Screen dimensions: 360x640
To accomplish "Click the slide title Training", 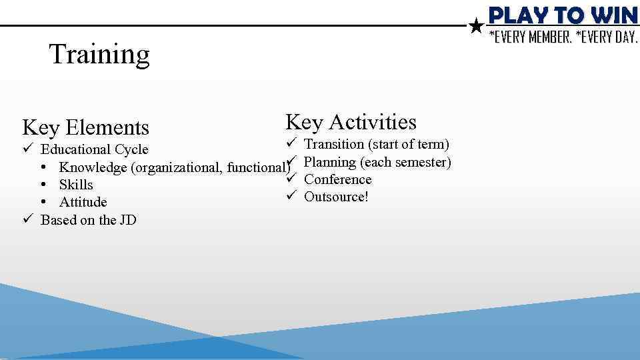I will click(99, 54).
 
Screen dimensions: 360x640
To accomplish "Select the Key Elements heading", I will click(85, 127).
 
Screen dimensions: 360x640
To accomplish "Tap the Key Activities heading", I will click(351, 122).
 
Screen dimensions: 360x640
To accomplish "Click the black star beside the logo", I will click(476, 27).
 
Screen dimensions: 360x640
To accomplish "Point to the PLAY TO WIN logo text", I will click(563, 15).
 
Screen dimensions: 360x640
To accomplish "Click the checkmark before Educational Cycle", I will click(27, 149).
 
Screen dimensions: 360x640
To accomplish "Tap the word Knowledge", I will click(93, 167).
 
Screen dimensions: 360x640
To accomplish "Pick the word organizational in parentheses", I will click(179, 167).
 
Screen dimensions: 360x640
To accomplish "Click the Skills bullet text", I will click(76, 185).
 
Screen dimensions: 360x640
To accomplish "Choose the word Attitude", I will click(83, 202).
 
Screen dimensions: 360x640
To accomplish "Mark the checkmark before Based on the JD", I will click(27, 220).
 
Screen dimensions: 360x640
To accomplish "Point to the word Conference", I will click(337, 179).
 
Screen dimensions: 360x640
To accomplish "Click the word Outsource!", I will click(336, 197).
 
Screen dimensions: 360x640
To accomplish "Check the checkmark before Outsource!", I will click(291, 197).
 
